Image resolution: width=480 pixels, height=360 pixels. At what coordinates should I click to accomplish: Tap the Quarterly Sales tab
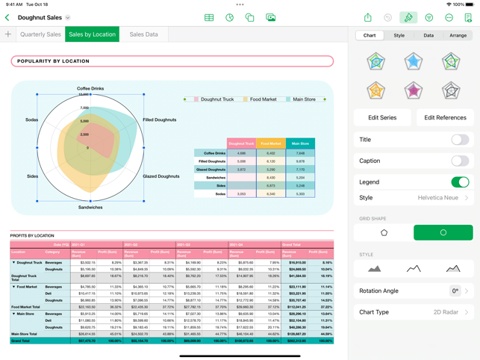click(x=40, y=34)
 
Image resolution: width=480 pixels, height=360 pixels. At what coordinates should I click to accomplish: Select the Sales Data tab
click(x=143, y=34)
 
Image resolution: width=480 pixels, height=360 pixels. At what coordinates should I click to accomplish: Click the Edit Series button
click(x=382, y=117)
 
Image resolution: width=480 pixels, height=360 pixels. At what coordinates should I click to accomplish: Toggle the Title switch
click(x=459, y=140)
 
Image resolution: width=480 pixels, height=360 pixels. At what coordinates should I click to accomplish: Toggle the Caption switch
click(x=459, y=161)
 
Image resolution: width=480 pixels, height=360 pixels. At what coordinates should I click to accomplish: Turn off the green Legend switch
click(x=459, y=182)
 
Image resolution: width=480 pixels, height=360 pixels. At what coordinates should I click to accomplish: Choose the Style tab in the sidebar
click(x=399, y=35)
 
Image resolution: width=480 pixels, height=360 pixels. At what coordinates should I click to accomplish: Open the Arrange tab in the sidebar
click(x=458, y=35)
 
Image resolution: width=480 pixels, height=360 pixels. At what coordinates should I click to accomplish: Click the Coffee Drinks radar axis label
click(x=90, y=89)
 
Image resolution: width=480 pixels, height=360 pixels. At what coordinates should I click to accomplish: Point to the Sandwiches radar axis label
click(x=90, y=207)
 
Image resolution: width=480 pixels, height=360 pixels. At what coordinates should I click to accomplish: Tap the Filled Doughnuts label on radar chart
click(x=160, y=120)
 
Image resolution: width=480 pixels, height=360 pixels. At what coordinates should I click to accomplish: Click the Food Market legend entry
click(x=262, y=99)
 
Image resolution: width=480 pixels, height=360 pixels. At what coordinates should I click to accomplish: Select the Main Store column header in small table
click(x=300, y=143)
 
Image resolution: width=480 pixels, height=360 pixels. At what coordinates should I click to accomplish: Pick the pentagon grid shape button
click(x=384, y=232)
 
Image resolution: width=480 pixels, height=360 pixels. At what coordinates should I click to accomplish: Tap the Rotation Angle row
click(x=414, y=291)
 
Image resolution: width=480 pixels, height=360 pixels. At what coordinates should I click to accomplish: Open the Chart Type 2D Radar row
click(x=414, y=312)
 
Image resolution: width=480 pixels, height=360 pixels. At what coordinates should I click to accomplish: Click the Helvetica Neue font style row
click(x=414, y=198)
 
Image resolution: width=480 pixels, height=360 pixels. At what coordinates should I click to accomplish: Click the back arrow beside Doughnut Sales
click(x=7, y=17)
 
